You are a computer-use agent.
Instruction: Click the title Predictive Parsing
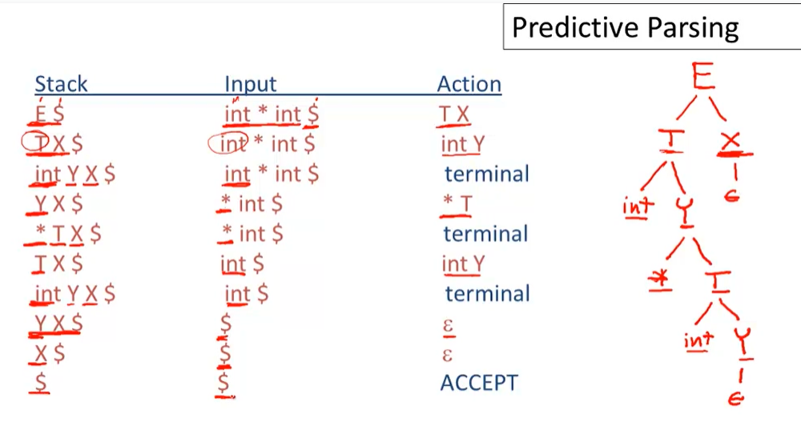click(625, 27)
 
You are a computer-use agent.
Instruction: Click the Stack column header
click(61, 84)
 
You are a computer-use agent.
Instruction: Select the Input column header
click(250, 84)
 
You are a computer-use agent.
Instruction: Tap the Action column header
click(469, 84)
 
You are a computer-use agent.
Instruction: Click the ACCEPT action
click(479, 383)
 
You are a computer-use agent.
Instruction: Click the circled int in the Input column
click(227, 144)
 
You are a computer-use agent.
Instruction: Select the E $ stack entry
click(49, 114)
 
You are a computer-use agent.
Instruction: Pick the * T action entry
click(457, 204)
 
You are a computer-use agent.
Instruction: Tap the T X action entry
click(454, 115)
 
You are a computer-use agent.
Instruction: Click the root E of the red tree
click(703, 77)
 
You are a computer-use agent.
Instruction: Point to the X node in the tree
click(731, 141)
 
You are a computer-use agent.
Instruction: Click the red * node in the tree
click(659, 279)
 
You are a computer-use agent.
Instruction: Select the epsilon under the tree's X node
click(732, 195)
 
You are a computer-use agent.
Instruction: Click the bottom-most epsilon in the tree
click(735, 398)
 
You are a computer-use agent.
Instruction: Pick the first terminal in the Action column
click(487, 174)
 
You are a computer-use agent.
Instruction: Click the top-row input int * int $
click(272, 115)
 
